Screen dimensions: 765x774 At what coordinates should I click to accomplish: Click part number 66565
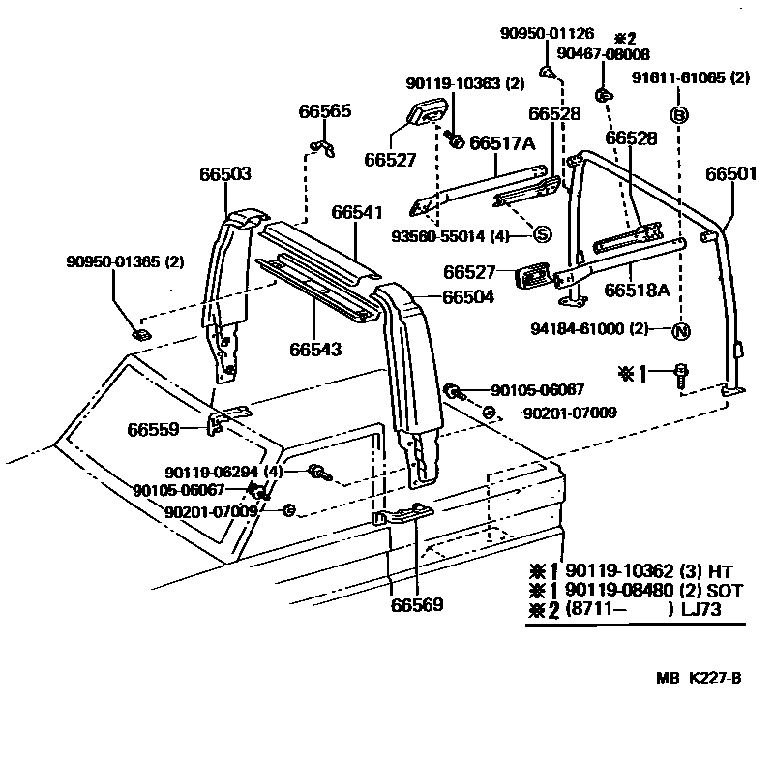click(324, 111)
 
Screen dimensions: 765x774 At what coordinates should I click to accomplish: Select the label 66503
click(225, 174)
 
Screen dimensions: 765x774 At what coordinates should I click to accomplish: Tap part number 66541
click(357, 212)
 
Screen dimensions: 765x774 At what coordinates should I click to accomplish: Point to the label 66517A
click(502, 143)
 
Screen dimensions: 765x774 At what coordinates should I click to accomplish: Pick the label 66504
click(468, 297)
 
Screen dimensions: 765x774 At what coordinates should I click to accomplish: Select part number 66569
click(417, 605)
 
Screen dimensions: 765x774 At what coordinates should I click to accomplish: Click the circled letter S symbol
click(542, 234)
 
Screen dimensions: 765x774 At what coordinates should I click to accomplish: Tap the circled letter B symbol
click(679, 115)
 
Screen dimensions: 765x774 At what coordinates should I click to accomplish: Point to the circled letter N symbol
click(680, 330)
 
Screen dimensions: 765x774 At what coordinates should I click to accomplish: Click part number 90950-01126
click(548, 33)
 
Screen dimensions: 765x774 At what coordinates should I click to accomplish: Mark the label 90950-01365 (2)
click(125, 261)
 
